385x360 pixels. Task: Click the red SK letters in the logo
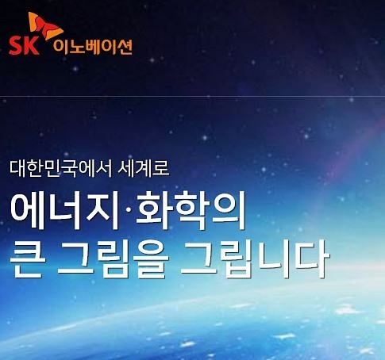tap(24, 45)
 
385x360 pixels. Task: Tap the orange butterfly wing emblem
tap(45, 26)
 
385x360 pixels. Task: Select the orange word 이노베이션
tap(93, 48)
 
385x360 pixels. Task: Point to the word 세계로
tap(144, 168)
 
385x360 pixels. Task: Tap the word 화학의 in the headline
tap(190, 211)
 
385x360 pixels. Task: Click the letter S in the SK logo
tap(16, 45)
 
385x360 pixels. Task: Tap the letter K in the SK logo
tap(32, 45)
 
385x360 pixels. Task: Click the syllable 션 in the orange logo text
tap(124, 48)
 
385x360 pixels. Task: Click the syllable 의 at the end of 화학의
tap(228, 211)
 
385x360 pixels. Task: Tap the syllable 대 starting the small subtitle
tap(17, 168)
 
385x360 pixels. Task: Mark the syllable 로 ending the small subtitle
tap(160, 168)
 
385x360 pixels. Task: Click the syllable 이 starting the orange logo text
tap(60, 48)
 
